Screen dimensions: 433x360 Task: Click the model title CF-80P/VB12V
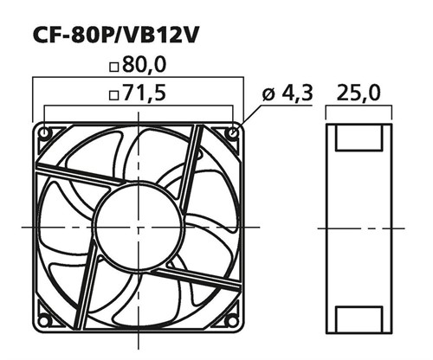[x=116, y=35]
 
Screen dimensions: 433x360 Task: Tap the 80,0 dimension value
[x=145, y=64]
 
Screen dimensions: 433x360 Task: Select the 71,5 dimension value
[x=145, y=93]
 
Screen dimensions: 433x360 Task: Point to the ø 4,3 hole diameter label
[x=288, y=93]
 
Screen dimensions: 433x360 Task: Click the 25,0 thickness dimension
[x=359, y=93]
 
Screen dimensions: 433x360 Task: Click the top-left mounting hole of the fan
[x=45, y=133]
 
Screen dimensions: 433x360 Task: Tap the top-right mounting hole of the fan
[x=233, y=133]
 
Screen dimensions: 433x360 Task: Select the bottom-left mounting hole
[x=43, y=321]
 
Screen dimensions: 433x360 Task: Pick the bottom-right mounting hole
[x=231, y=320]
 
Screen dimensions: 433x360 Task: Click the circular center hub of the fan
[x=139, y=227]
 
